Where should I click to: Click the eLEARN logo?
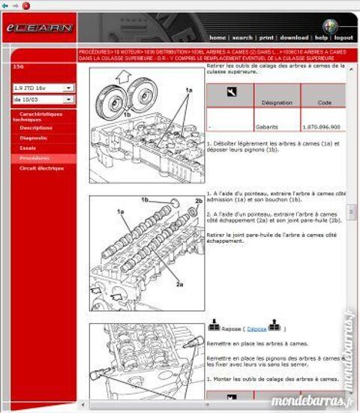(x=40, y=28)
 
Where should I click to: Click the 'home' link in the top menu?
(x=217, y=37)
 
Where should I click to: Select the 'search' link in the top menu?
(x=242, y=37)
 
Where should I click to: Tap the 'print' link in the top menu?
(x=266, y=37)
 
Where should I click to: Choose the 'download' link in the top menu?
(x=294, y=37)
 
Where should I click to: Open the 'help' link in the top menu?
(x=321, y=37)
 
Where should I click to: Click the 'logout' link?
(x=343, y=37)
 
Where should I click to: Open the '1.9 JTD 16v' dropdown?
(x=43, y=88)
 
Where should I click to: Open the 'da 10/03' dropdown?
(x=43, y=99)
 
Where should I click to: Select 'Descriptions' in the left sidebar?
(x=36, y=127)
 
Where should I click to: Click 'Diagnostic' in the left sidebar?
(x=34, y=138)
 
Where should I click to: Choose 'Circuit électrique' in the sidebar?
(x=41, y=169)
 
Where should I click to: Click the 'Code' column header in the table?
(x=324, y=102)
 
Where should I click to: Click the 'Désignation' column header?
(x=273, y=102)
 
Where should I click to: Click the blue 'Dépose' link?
(x=256, y=328)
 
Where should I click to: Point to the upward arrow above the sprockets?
(x=124, y=73)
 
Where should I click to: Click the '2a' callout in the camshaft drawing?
(x=180, y=284)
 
